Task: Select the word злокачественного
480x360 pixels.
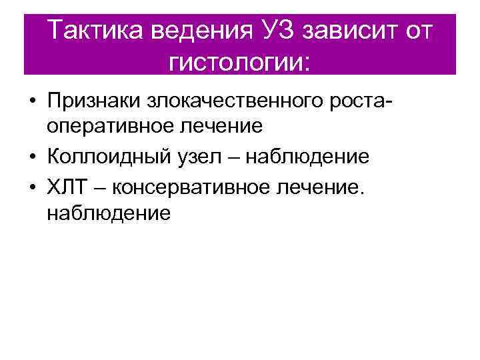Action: coord(238,102)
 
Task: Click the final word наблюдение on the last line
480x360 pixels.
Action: coord(109,213)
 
